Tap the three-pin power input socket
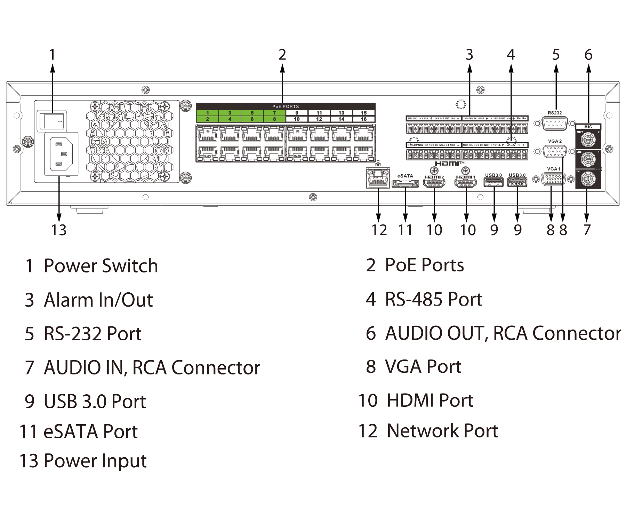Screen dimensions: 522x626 pyautogui.click(x=62, y=154)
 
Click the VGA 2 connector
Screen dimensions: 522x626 pyautogui.click(x=555, y=151)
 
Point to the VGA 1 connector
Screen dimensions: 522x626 pyautogui.click(x=553, y=179)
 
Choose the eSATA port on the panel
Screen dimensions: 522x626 pyautogui.click(x=405, y=183)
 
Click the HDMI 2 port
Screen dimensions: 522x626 pyautogui.click(x=434, y=183)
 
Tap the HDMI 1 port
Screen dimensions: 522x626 pyautogui.click(x=466, y=183)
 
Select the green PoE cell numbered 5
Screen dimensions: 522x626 pyautogui.click(x=252, y=113)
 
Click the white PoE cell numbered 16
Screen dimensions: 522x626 pyautogui.click(x=364, y=119)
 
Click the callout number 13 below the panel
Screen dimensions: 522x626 pyautogui.click(x=59, y=230)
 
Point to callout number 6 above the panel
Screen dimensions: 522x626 pyautogui.click(x=588, y=55)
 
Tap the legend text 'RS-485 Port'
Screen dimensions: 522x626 pyautogui.click(x=434, y=299)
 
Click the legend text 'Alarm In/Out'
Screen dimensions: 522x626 pyautogui.click(x=98, y=300)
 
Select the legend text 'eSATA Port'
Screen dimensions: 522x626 pyautogui.click(x=90, y=432)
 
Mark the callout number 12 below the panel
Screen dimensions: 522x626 pyautogui.click(x=379, y=230)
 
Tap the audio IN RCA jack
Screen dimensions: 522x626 pyautogui.click(x=588, y=179)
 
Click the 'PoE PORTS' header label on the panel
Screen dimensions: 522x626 pyautogui.click(x=286, y=106)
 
